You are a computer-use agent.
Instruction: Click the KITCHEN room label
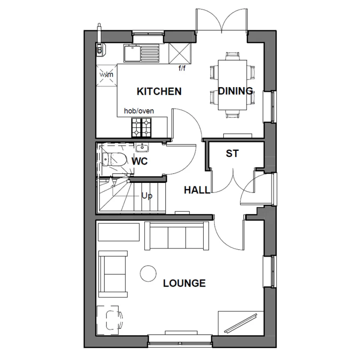[x=159, y=92]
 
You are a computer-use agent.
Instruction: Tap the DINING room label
[x=236, y=91]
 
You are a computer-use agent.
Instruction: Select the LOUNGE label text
[x=184, y=284]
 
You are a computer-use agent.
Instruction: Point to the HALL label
[x=197, y=190]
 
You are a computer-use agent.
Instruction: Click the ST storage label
[x=232, y=154]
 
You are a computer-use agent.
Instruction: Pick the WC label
[x=140, y=162]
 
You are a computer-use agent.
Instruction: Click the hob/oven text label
[x=139, y=111]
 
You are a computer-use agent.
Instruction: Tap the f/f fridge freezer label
[x=182, y=68]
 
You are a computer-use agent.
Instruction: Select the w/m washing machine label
[x=106, y=74]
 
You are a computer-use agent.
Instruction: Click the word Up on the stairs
[x=146, y=196]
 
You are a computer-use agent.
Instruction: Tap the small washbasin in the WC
[x=142, y=148]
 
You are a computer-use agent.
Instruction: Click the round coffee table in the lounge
[x=148, y=274]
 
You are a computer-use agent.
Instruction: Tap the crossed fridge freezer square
[x=179, y=53]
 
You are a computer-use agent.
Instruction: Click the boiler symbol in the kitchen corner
[x=100, y=48]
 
